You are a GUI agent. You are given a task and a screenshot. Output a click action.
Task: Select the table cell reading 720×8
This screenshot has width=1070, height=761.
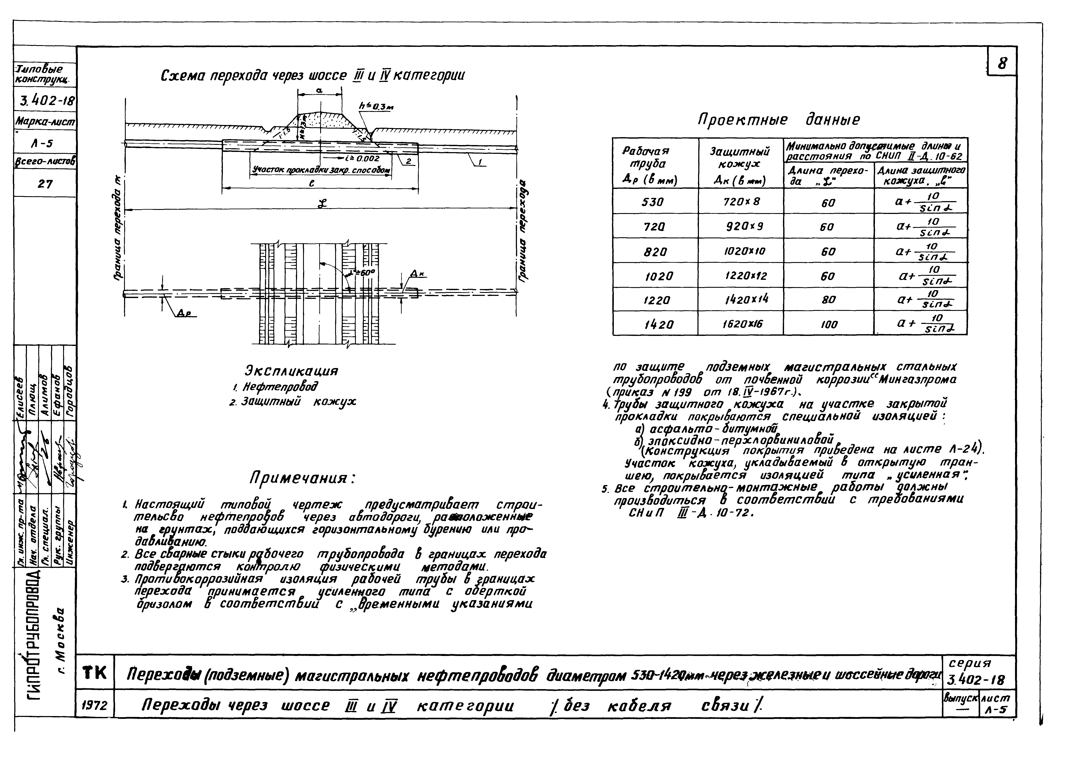tap(740, 202)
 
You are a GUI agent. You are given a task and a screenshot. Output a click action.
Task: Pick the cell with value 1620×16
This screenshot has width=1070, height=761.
tap(740, 323)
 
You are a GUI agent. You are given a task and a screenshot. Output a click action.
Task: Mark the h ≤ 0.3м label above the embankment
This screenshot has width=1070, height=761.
tap(376, 107)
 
